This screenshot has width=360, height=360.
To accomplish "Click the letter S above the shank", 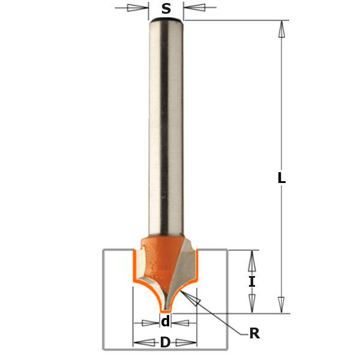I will click(x=166, y=8).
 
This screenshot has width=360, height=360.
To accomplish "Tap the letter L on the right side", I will click(x=281, y=178).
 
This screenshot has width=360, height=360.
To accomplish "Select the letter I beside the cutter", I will click(x=252, y=281).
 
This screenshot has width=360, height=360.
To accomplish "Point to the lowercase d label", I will click(x=166, y=322).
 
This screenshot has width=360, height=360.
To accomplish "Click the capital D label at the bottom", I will click(x=165, y=343).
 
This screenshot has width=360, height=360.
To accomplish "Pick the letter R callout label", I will click(x=254, y=334).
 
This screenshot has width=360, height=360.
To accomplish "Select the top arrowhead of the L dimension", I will click(x=281, y=29).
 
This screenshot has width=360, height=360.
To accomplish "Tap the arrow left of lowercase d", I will click(x=150, y=323).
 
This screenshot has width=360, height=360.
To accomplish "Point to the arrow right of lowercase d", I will click(x=181, y=323).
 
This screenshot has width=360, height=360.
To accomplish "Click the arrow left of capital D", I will click(x=143, y=343).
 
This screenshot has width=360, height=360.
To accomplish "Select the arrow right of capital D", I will click(x=188, y=343).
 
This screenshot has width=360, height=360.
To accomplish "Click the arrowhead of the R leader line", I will click(x=193, y=299).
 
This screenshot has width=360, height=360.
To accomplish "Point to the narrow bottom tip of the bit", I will click(x=166, y=309).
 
